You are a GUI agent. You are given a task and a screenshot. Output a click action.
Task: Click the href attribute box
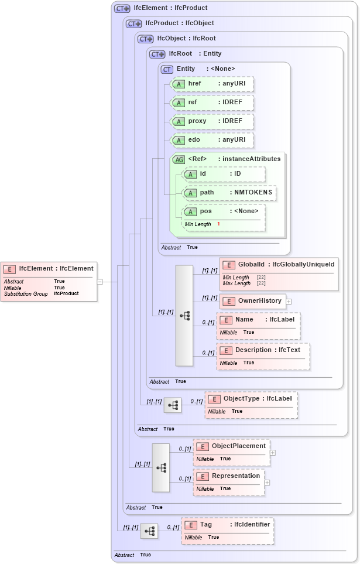[x=211, y=84]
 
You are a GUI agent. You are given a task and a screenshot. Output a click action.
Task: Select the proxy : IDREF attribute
[x=211, y=121]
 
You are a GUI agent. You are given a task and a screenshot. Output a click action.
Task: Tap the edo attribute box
[x=211, y=140]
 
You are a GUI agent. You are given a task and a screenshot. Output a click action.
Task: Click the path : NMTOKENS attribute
[x=229, y=193]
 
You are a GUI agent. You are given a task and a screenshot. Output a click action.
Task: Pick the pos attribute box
[x=224, y=211]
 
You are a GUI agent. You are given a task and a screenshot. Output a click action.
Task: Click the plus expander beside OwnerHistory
[x=289, y=301]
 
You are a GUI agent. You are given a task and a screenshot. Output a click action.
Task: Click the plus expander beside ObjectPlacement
[x=272, y=452]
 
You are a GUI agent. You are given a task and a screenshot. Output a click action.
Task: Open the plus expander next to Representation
[x=267, y=483]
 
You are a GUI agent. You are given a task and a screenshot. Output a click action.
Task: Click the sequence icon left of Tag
[x=150, y=531]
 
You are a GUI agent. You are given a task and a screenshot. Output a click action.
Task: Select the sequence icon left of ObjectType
[x=173, y=405]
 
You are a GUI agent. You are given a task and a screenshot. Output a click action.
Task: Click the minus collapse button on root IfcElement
[x=100, y=282]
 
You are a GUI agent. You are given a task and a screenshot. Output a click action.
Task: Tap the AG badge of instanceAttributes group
[x=179, y=159]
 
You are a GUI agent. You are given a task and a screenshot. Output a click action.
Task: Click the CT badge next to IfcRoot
[x=157, y=54]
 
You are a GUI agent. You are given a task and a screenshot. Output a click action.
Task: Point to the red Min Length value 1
[x=218, y=224]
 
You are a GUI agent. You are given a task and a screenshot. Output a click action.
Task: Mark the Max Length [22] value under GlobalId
[x=261, y=283]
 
